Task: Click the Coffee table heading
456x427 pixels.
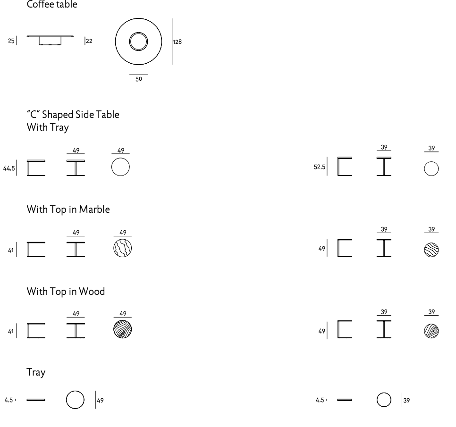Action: point(52,4)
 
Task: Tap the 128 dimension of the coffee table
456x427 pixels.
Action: point(177,42)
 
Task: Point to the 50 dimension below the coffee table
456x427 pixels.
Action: point(139,79)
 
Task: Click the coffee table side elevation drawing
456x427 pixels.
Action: point(50,41)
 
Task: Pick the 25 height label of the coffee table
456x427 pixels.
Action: point(11,41)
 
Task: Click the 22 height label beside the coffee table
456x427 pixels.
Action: point(89,41)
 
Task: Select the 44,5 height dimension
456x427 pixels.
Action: point(9,168)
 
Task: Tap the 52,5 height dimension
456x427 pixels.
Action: point(320,167)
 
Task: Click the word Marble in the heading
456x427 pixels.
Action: point(94,209)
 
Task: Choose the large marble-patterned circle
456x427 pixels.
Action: point(122,248)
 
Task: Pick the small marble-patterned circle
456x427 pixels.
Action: point(431,250)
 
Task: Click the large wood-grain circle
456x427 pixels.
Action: point(122,329)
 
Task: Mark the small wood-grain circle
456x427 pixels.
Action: point(431,331)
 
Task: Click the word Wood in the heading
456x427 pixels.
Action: point(92,291)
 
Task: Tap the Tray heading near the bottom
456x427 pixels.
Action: point(36,372)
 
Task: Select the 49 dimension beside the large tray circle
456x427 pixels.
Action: point(101,401)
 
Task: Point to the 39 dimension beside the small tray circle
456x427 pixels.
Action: point(406,401)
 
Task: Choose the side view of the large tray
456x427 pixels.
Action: point(36,400)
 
